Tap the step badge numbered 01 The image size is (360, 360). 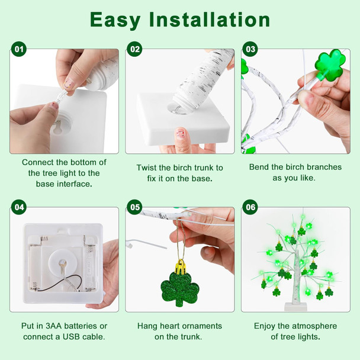[20, 49]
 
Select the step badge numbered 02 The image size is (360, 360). [135, 49]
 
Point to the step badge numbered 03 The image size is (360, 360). [250, 49]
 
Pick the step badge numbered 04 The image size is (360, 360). [20, 207]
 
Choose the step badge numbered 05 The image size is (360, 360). [135, 207]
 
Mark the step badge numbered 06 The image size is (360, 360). [250, 207]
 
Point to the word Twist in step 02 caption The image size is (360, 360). [147, 168]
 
